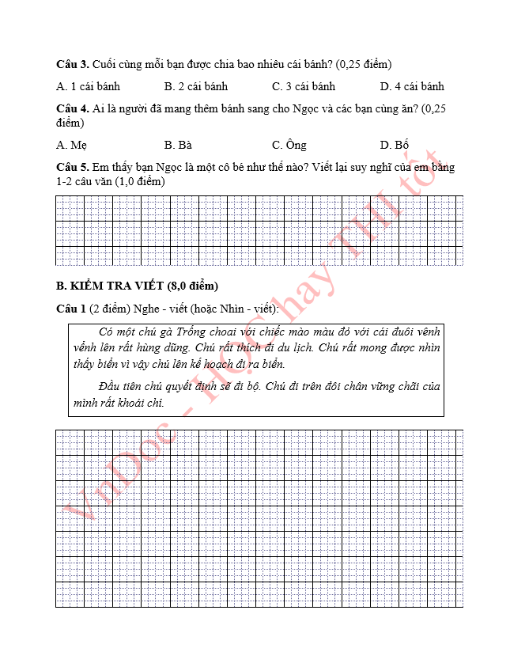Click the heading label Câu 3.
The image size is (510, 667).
point(72,64)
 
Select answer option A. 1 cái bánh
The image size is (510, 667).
point(89,86)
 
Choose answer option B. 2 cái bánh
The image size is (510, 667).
point(196,86)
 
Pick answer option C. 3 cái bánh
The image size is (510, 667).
point(304,86)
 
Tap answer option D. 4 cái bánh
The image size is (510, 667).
point(412,86)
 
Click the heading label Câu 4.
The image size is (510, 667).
point(72,108)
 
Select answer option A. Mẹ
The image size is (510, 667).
point(72,145)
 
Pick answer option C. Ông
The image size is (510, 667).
point(289,145)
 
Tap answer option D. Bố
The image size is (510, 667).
point(395,145)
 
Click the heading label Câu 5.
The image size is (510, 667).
point(72,168)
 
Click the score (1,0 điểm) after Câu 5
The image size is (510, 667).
point(140,182)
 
